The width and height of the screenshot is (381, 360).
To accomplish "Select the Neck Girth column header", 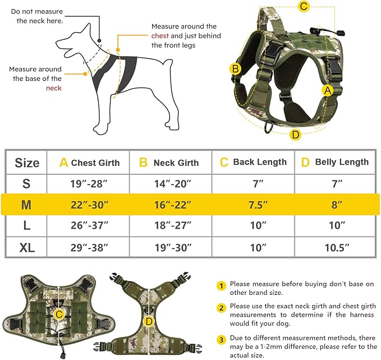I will tap(169, 163).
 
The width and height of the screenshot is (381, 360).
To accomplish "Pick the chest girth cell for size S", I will tap(89, 184).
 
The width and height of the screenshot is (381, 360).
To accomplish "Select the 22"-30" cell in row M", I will tap(89, 205).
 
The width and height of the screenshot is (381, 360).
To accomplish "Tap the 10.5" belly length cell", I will tap(337, 247).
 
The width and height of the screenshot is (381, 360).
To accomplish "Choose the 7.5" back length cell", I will tap(254, 205).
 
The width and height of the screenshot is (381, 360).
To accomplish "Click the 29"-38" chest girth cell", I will tap(89, 247).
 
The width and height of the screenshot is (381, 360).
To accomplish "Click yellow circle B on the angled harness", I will tap(236, 69).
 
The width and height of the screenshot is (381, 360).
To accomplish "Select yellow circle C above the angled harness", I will tap(304, 7).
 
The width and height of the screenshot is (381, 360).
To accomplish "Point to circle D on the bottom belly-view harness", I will tap(149, 321).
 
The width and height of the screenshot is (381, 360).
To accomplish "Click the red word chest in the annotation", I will tap(160, 36).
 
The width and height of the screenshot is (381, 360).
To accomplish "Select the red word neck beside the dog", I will tap(54, 88).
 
